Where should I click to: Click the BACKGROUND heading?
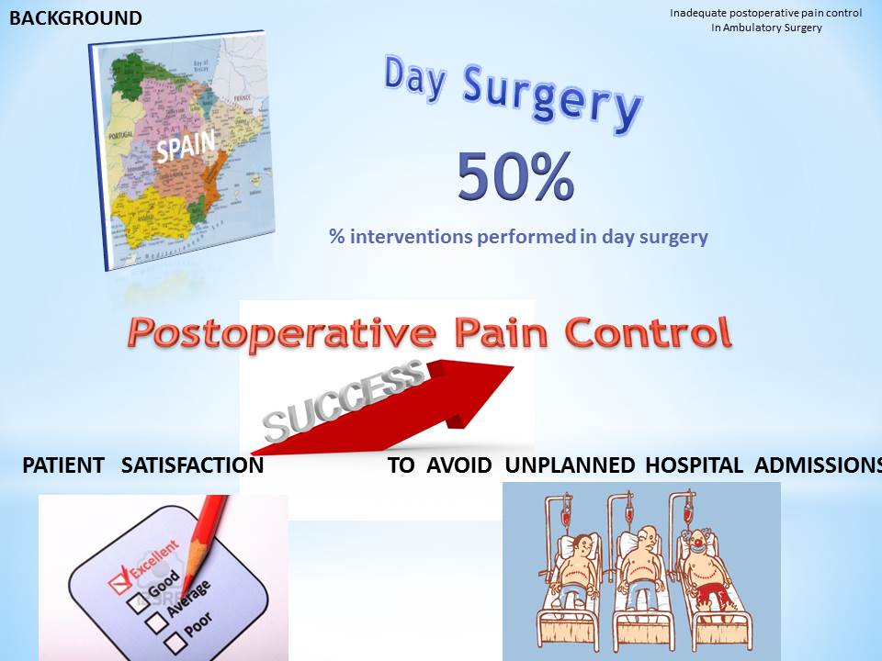pyautogui.click(x=75, y=18)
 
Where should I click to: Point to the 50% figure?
pyautogui.click(x=515, y=177)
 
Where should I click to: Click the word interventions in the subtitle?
pyautogui.click(x=409, y=237)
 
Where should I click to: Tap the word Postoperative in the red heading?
pyautogui.click(x=276, y=332)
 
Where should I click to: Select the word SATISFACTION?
pyautogui.click(x=192, y=465)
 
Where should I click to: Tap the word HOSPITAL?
pyautogui.click(x=694, y=465)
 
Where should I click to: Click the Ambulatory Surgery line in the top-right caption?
pyautogui.click(x=766, y=28)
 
